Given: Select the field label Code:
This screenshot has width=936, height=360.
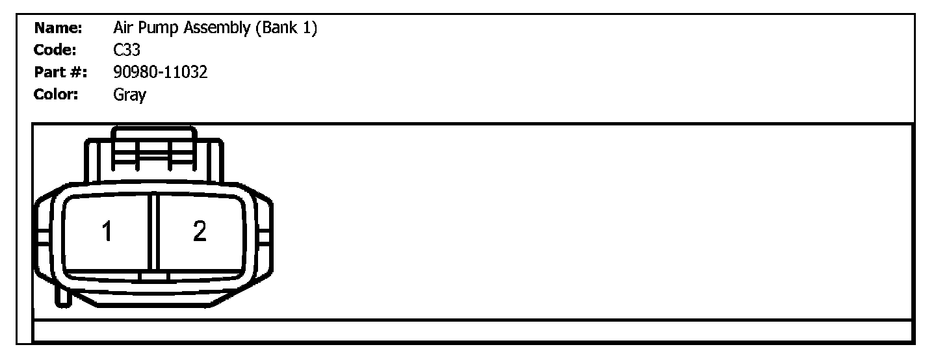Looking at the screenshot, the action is coord(56,50).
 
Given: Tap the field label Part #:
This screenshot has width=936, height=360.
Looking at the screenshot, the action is coord(60,72).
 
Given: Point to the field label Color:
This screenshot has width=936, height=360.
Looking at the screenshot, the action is coord(56,94).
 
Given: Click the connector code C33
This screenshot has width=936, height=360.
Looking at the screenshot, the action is coord(126,50).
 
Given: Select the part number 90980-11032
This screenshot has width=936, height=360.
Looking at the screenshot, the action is coord(160,72).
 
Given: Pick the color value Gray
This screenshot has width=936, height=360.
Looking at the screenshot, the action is coord(129,95).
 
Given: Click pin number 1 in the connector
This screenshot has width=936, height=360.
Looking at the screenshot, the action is coord(107,231).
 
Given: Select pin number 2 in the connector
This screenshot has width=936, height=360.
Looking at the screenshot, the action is coord(200,231).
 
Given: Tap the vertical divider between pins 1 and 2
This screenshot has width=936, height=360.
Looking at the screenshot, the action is coord(153,231).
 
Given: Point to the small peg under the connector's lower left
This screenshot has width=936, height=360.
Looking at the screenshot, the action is coord(63,296).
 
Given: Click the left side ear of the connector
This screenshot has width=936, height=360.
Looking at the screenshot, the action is coord(42,237).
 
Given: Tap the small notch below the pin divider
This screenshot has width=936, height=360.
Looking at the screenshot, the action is coord(154,277).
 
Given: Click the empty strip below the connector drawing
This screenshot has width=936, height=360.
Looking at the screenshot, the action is coord(473,330).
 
